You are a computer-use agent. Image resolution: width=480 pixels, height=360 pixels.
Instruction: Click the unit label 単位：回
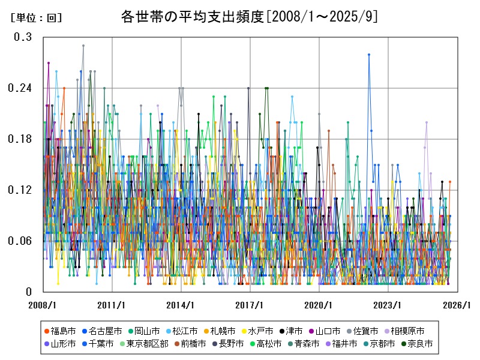point(36,18)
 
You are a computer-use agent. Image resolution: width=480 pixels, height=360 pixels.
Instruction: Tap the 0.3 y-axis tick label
point(23,37)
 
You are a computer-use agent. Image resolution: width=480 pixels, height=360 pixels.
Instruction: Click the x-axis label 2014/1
point(181,305)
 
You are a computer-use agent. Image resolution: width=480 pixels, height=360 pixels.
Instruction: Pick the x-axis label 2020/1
point(319,305)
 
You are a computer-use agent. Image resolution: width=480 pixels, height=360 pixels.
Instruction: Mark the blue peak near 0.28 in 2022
point(369,55)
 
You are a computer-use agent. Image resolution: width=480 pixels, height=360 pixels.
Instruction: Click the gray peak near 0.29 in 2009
point(83,46)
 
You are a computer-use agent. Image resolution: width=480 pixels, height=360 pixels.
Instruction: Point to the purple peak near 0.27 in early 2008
point(49,62)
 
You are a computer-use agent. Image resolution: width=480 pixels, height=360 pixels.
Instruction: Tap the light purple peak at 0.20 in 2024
point(427,122)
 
